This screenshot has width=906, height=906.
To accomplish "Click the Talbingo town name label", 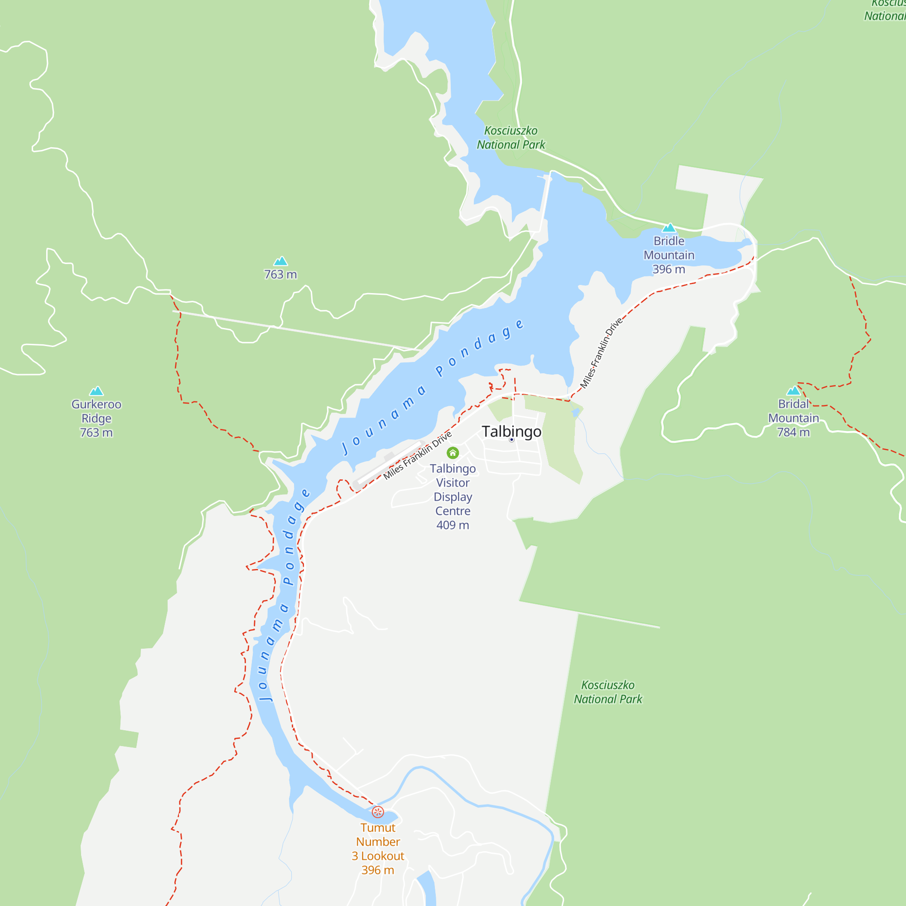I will [x=511, y=431].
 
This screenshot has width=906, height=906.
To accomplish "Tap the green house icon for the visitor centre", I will [x=453, y=453].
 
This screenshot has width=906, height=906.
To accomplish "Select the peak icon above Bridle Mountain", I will [x=669, y=228].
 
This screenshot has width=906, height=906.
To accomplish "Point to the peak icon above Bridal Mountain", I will [x=793, y=390].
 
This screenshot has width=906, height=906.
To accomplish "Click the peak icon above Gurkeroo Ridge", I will [x=96, y=391].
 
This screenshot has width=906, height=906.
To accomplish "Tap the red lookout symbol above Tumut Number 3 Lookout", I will [x=377, y=812].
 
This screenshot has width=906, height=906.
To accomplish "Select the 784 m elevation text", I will [x=793, y=432].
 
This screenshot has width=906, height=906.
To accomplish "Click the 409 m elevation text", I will [x=453, y=525].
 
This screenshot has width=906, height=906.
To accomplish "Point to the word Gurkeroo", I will [x=96, y=404].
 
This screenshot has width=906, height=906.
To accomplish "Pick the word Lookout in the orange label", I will [x=382, y=856].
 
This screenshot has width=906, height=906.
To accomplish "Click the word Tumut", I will [x=377, y=828].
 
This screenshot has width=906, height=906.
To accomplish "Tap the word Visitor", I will [x=453, y=482].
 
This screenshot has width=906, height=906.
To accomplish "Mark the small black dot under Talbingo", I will [x=511, y=440].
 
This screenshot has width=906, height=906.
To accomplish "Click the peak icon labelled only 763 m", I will [x=280, y=261].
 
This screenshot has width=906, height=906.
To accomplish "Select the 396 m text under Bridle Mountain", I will [x=669, y=269].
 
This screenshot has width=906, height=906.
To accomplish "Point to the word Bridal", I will [x=793, y=404].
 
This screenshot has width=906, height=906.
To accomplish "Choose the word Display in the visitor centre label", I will [x=453, y=496].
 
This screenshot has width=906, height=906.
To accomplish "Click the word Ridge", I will [x=96, y=418].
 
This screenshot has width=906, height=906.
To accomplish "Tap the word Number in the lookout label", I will [x=377, y=842].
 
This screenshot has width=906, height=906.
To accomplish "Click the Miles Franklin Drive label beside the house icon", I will [x=417, y=455].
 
